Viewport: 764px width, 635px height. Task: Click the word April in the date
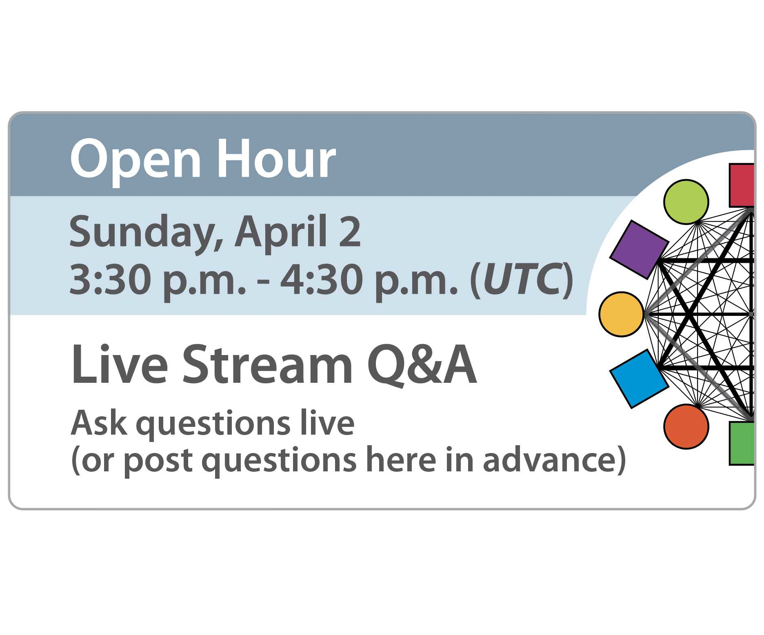pyautogui.click(x=281, y=232)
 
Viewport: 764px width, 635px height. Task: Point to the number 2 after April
pyautogui.click(x=350, y=232)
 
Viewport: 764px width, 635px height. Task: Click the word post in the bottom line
pyautogui.click(x=158, y=461)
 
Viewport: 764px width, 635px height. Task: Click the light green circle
pyautogui.click(x=686, y=202)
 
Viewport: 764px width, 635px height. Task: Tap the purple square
pyautogui.click(x=639, y=249)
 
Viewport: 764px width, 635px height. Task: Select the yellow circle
pyautogui.click(x=621, y=314)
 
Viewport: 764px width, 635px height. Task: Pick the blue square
pyautogui.click(x=639, y=379)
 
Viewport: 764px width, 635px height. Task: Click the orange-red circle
pyautogui.click(x=686, y=426)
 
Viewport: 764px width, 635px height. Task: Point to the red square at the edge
pyautogui.click(x=742, y=185)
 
